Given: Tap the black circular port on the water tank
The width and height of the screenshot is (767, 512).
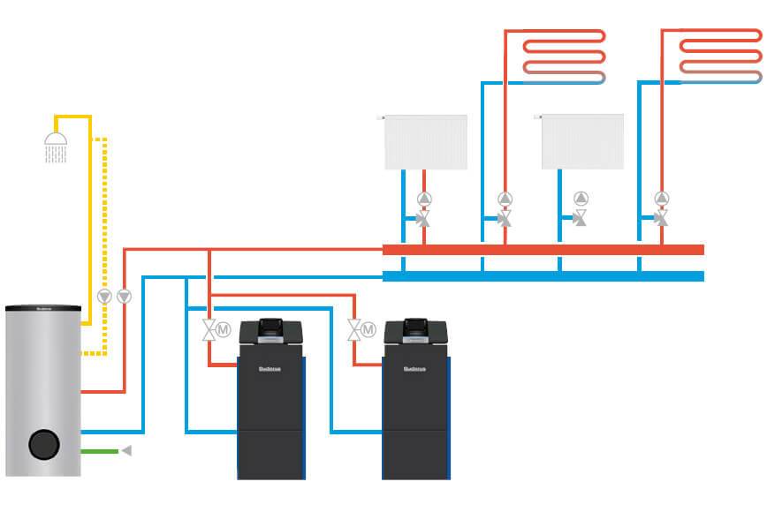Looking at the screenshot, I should tap(42, 444).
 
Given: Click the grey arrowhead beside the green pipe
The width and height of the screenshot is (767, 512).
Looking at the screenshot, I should tap(126, 451).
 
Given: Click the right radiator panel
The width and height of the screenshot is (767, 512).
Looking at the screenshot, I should tap(582, 141).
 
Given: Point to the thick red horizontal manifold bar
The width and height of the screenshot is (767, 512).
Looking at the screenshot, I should tap(543, 250).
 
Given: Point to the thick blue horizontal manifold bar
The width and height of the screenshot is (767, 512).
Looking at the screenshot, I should tap(543, 276).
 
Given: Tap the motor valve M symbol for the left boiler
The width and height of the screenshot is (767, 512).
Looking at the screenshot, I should tap(223, 330).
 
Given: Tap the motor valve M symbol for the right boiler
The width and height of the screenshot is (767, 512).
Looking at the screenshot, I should tap(368, 330).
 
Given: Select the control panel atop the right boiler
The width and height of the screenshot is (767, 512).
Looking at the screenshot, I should tap(416, 331).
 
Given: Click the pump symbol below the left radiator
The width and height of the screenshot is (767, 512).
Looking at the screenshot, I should tap(424, 198).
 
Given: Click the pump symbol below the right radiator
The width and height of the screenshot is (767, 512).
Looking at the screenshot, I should tap(581, 198).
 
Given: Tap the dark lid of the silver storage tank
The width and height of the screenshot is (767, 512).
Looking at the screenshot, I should tap(43, 309).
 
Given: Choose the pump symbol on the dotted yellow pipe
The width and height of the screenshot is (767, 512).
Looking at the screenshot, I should tap(104, 297).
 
